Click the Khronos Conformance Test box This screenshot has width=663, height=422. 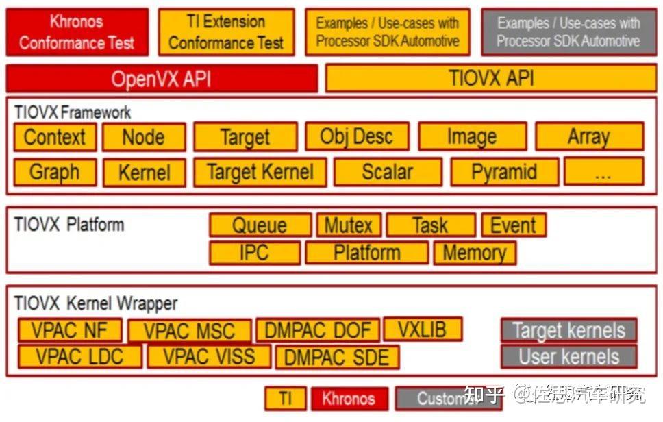(77, 32)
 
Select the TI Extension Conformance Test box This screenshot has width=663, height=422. (226, 32)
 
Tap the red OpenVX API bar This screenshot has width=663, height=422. (162, 79)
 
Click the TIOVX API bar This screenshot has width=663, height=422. (490, 78)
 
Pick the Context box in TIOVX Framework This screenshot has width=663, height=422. (55, 137)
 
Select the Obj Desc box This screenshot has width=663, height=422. (356, 136)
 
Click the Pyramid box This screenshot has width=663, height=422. (504, 172)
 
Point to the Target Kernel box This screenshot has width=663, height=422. (260, 172)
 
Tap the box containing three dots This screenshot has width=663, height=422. (603, 171)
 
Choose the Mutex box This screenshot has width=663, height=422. (348, 225)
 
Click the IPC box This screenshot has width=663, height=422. (254, 253)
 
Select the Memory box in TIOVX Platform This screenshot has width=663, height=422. (474, 253)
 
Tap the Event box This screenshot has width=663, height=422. (514, 225)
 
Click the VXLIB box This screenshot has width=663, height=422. (423, 330)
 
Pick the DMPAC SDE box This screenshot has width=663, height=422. (337, 357)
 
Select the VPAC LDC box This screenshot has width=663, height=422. (79, 356)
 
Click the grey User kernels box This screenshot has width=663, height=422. (568, 356)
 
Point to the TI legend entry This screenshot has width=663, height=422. (285, 399)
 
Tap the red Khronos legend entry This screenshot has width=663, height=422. (349, 399)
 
